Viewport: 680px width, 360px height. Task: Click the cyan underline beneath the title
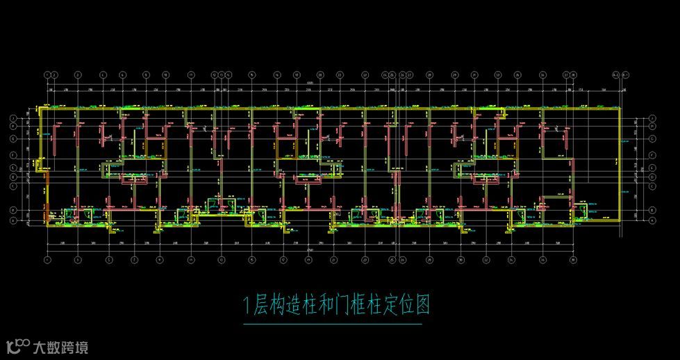(x=333, y=324)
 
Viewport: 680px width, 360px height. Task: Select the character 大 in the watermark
(x=40, y=346)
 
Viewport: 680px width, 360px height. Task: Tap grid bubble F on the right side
(x=654, y=126)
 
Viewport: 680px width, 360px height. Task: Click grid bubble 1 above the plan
(x=47, y=74)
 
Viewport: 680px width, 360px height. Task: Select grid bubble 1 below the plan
(x=47, y=261)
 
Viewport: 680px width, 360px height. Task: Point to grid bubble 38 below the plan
(x=574, y=261)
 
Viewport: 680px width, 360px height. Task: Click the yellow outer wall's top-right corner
(x=620, y=108)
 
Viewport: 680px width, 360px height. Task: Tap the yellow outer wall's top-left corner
(x=40, y=108)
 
